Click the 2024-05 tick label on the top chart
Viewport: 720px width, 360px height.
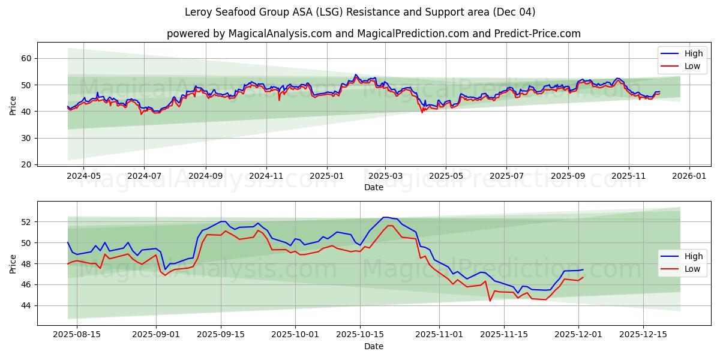pos(83,176)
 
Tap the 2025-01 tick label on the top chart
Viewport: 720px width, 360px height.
pos(327,176)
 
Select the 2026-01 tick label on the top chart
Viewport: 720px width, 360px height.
pos(689,176)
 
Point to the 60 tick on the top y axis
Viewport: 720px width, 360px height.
pos(26,58)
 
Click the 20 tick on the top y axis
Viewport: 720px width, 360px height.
pos(26,164)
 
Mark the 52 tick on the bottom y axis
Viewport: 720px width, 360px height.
pos(26,222)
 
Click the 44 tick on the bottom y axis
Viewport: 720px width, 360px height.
pos(26,305)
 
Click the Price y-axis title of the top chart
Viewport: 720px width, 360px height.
pos(13,105)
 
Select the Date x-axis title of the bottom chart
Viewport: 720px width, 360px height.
pos(373,346)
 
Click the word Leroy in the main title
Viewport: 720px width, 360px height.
pos(198,12)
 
